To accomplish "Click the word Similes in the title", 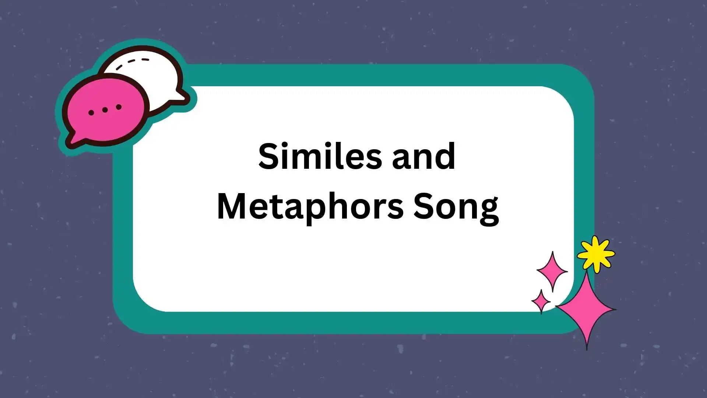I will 320,156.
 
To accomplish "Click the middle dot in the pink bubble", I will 105,110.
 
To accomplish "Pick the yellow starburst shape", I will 595,254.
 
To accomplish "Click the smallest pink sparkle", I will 541,301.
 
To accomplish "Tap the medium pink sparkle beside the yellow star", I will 552,271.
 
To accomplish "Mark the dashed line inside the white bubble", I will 133,63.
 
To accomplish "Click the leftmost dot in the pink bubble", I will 91,112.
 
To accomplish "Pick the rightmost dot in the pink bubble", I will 119,107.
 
